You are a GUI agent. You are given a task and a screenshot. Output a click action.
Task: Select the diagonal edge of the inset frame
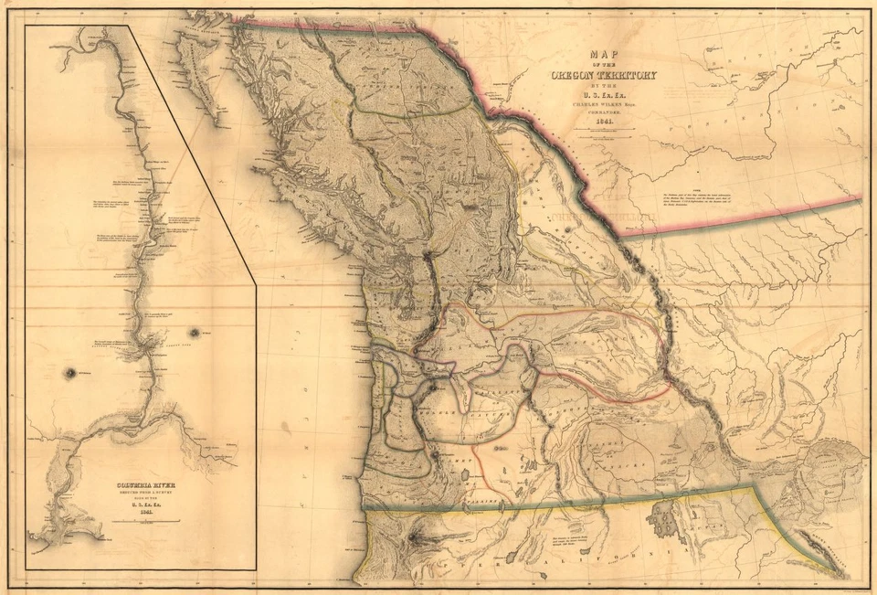pyautogui.click(x=192, y=155)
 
